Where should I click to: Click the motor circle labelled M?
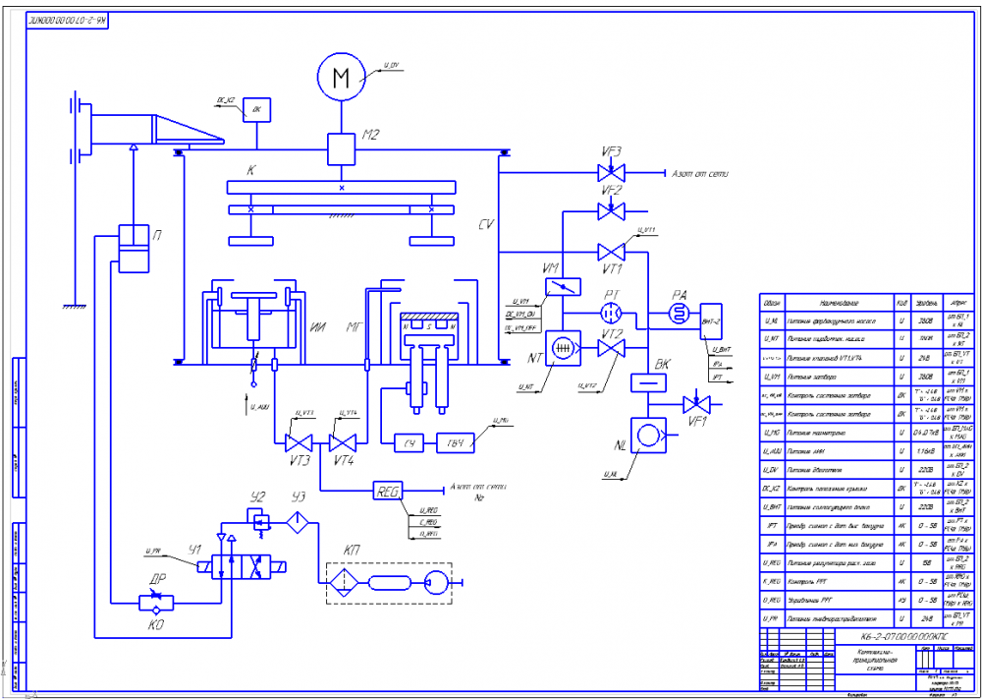click(x=341, y=78)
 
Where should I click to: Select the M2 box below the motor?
click(x=342, y=149)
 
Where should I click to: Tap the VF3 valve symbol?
click(x=611, y=173)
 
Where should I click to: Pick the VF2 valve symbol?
click(x=611, y=210)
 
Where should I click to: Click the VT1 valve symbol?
click(x=611, y=251)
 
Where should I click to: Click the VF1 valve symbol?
click(x=697, y=403)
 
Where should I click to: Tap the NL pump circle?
click(x=646, y=435)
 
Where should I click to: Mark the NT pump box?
click(x=563, y=349)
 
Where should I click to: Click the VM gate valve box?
click(x=563, y=287)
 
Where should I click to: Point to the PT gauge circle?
click(x=611, y=311)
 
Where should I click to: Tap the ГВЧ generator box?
click(x=455, y=442)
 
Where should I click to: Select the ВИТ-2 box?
click(x=712, y=320)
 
